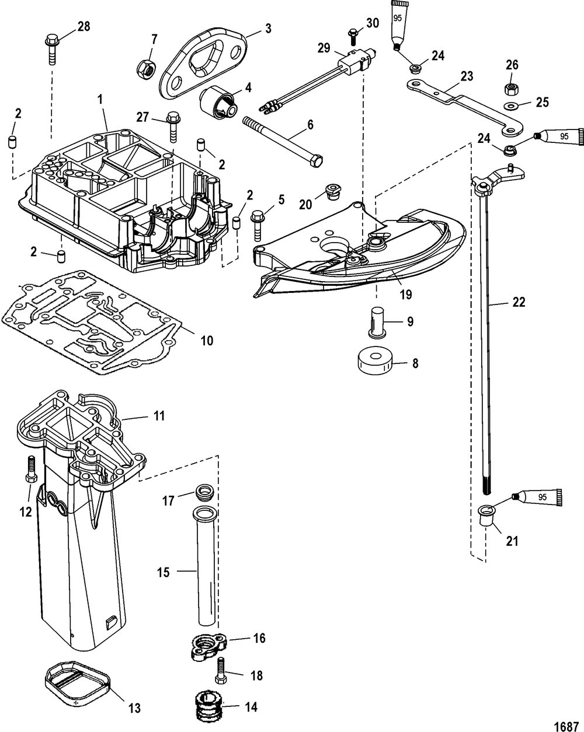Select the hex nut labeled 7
(x=146, y=67)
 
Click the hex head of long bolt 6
(x=317, y=161)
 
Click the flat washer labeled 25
(x=509, y=107)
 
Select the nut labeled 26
(x=509, y=89)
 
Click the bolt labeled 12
(x=32, y=469)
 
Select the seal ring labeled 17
(x=204, y=493)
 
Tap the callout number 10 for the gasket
(x=207, y=340)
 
